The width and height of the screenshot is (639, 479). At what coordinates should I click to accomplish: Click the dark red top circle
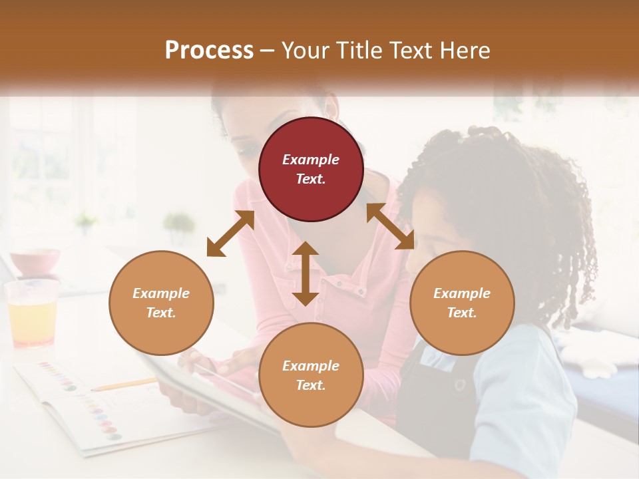point(311,169)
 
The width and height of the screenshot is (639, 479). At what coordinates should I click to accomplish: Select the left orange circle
point(161,303)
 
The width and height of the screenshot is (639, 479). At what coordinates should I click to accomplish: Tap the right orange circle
point(462,303)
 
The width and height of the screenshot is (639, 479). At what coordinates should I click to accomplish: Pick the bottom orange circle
point(311,375)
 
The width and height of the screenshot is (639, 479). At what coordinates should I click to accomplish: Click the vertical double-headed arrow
point(306,273)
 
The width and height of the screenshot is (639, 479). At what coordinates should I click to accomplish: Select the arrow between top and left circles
point(230,234)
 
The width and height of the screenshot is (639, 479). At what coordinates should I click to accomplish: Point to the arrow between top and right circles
point(390,226)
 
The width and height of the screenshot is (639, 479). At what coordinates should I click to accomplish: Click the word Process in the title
point(209,50)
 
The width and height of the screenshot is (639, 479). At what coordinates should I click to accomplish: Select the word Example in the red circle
point(311,160)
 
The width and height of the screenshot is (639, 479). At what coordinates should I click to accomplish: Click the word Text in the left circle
point(161,313)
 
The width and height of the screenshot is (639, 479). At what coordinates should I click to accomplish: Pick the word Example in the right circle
point(462,293)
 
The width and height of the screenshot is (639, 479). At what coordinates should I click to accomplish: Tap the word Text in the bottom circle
point(311,385)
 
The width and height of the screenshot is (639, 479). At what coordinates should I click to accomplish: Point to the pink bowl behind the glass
point(35,261)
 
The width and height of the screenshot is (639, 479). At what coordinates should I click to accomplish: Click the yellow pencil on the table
point(123,384)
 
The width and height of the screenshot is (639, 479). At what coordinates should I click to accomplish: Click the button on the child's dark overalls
point(459,384)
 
